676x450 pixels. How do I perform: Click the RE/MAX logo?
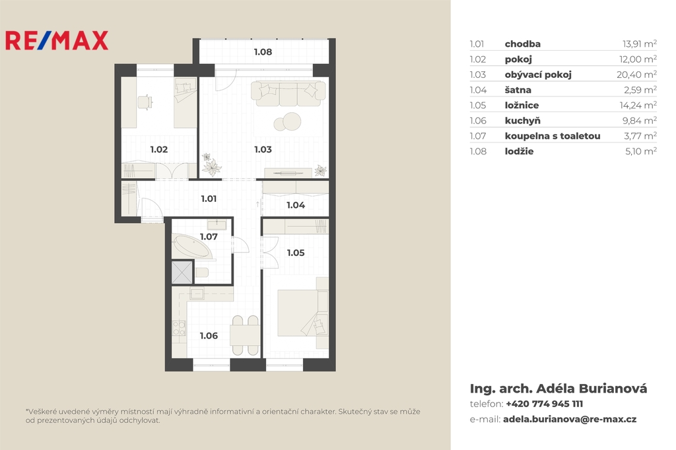57,40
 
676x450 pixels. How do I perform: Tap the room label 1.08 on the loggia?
263,52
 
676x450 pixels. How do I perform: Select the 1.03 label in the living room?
263,150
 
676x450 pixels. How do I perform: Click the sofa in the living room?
288,94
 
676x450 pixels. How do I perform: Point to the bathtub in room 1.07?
192,247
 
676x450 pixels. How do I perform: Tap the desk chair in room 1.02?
145,102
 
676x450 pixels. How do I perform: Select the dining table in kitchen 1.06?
245,335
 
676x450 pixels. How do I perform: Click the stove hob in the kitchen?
178,328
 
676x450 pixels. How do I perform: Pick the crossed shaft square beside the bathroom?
182,273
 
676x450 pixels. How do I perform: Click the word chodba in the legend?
523,44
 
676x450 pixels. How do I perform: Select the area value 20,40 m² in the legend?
636,75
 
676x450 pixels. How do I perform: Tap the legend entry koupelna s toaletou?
553,136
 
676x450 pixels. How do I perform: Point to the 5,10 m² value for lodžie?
640,151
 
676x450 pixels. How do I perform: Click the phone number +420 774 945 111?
544,404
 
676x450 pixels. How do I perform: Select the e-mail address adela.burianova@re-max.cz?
570,419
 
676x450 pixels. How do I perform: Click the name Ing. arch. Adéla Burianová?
558,389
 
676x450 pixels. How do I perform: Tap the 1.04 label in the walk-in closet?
296,205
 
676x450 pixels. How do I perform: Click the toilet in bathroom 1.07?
202,273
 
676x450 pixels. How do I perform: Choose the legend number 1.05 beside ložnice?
478,106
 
